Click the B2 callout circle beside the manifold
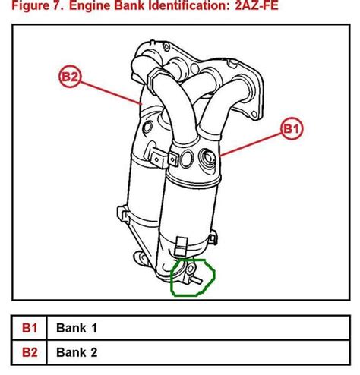pos(71,75)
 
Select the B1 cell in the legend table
pos(29,329)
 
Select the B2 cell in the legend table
pos(29,351)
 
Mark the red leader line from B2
pos(114,91)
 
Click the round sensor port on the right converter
pos(205,160)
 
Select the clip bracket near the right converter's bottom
pos(180,246)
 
